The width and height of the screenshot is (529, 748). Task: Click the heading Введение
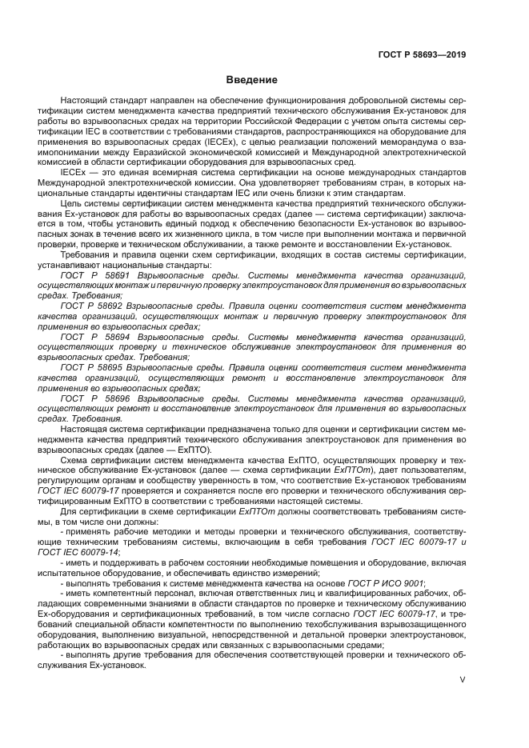coord(251,80)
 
